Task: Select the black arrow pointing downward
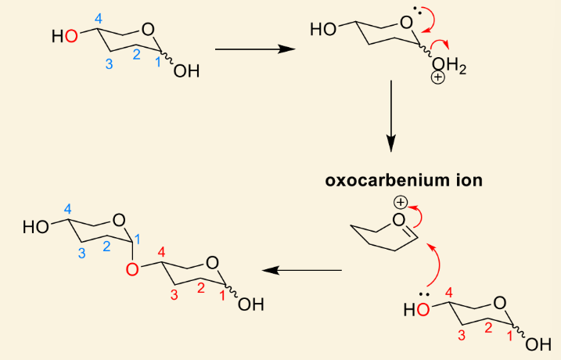coord(391,116)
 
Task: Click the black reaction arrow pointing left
coord(302,270)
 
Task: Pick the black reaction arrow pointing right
coord(255,49)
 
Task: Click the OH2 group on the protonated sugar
coord(449,66)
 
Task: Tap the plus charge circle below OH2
coord(438,77)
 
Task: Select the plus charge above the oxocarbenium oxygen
coord(401,203)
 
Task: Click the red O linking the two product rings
coord(132,269)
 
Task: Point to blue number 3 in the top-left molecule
coord(109,64)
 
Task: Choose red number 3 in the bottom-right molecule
coord(462,335)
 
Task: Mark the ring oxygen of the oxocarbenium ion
coord(398,220)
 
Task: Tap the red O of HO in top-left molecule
coord(71,36)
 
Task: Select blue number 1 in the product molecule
coord(138,239)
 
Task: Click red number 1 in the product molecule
coord(222,296)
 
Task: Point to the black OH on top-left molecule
coord(186,71)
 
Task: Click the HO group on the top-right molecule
coord(323,29)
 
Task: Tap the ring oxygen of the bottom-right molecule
coord(500,303)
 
